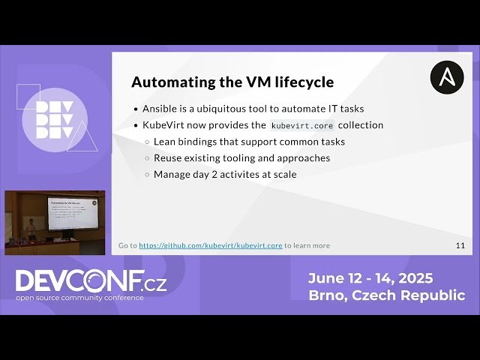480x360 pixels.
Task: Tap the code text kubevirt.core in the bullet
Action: (302, 125)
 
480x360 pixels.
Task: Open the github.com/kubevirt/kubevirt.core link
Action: (211, 245)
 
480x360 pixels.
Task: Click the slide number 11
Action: (460, 245)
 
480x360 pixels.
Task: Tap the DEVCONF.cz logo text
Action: (91, 281)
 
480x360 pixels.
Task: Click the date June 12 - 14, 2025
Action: (370, 278)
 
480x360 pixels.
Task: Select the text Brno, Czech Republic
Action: (386, 295)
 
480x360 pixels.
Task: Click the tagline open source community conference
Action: (80, 298)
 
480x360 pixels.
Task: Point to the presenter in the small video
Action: (31, 226)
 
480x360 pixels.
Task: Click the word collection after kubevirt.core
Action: (361, 125)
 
